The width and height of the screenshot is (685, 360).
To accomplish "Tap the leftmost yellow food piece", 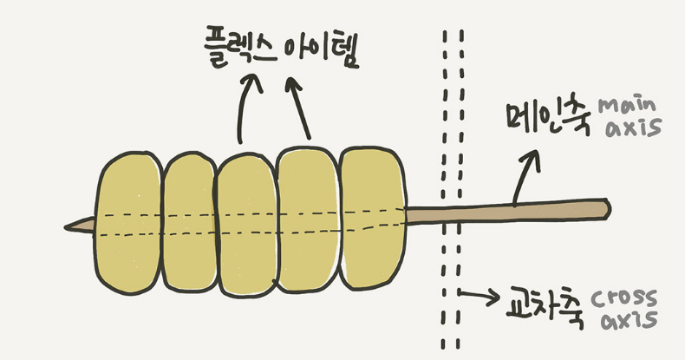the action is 127,222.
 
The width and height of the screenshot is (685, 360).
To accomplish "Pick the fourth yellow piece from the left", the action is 306,220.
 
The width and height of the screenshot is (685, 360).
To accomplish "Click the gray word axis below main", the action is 633,128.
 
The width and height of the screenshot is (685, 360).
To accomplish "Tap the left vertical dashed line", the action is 444,173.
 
